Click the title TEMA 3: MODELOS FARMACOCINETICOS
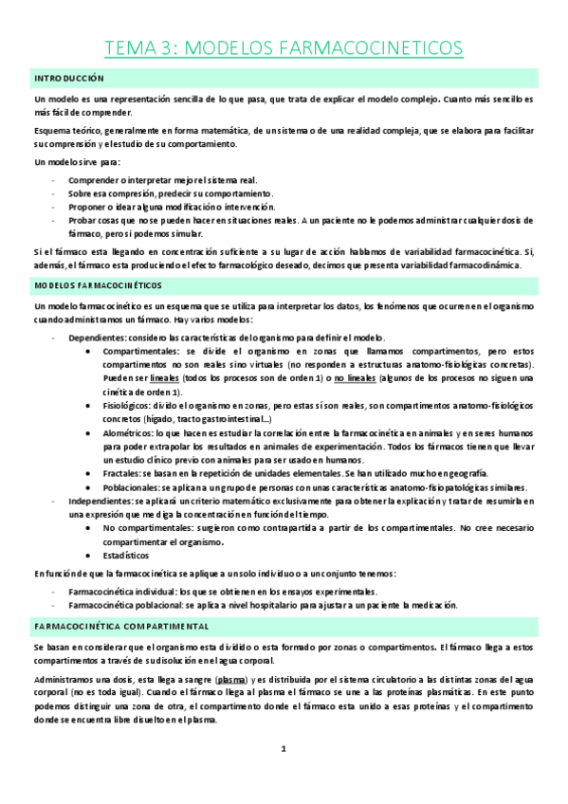pyautogui.click(x=284, y=47)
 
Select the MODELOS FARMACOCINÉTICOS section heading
pyautogui.click(x=98, y=284)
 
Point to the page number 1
pyautogui.click(x=283, y=749)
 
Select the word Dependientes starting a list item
pyautogui.click(x=97, y=338)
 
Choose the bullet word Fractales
pyautogui.click(x=122, y=472)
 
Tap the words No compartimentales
pyautogui.click(x=145, y=527)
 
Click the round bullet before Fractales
pyautogui.click(x=89, y=472)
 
